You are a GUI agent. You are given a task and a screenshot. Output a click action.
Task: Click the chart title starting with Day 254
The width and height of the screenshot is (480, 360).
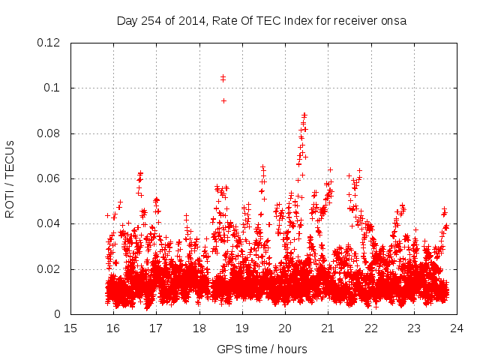click(261, 20)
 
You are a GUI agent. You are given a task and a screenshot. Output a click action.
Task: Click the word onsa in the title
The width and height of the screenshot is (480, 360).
click(393, 20)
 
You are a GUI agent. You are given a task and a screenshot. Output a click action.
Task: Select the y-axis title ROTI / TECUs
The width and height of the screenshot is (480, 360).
click(10, 178)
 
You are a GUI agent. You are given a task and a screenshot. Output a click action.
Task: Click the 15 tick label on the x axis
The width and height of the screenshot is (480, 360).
click(70, 328)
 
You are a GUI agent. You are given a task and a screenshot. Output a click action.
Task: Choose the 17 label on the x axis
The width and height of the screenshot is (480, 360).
click(156, 328)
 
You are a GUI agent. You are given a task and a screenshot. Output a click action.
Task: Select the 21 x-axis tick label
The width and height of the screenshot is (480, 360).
click(328, 328)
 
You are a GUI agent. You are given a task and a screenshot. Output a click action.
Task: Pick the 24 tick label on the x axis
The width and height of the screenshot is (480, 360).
click(457, 328)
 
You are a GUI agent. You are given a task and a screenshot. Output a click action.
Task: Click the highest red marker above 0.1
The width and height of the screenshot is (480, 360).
click(223, 76)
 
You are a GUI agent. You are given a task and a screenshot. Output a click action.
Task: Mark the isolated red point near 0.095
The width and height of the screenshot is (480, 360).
click(223, 100)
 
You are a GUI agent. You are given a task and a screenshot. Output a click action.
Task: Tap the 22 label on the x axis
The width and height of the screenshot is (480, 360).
click(370, 328)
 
